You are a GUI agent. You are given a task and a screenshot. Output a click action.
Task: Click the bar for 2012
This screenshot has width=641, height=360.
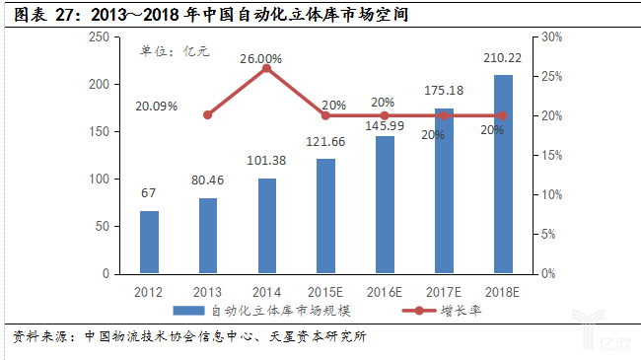148,242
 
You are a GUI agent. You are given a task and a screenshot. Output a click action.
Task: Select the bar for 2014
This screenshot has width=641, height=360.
266,226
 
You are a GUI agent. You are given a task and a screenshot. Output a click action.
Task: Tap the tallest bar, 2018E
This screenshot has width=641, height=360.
502,174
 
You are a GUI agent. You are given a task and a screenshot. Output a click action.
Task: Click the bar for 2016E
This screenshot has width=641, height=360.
385,204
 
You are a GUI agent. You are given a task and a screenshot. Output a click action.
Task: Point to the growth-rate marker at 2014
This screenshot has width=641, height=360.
266,68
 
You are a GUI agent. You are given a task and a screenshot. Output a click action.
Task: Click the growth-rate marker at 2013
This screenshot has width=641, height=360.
207,114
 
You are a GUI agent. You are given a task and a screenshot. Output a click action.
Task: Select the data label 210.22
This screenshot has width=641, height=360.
502,59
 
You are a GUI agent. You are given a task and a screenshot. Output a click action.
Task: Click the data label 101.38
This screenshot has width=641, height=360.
266,161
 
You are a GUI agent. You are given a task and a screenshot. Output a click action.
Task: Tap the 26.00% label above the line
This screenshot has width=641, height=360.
260,59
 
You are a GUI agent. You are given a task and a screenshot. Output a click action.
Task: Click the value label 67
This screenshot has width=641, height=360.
148,193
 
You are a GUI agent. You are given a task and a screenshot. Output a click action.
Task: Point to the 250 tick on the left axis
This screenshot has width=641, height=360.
98,36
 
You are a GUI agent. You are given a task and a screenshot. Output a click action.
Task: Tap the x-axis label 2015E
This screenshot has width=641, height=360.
325,291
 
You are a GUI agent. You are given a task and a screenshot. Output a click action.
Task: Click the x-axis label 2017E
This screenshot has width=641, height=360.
444,291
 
